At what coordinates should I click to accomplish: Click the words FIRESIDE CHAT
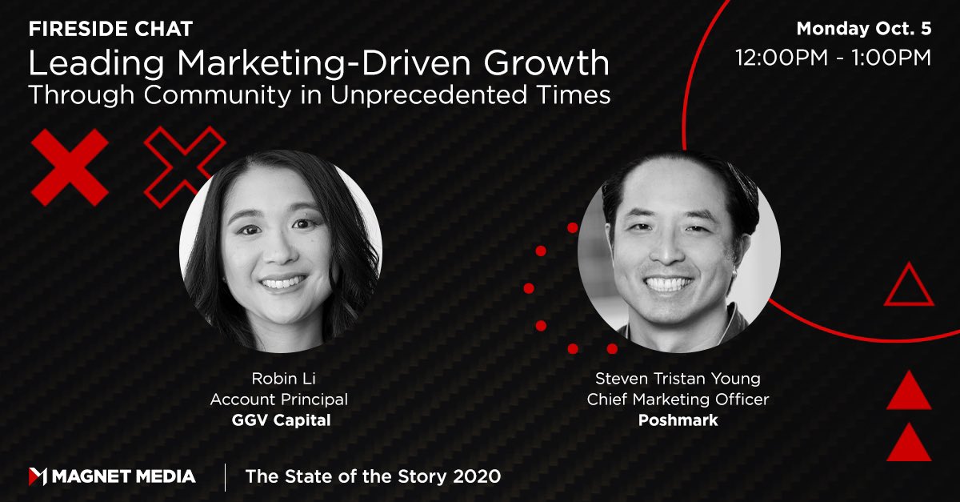(x=111, y=30)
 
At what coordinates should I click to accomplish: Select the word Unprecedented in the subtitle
(x=414, y=95)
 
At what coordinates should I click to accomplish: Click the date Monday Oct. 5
(x=864, y=30)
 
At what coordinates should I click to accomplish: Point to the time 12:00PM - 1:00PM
(x=833, y=58)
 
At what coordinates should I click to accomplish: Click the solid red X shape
(x=69, y=167)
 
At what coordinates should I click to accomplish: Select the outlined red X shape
(x=184, y=166)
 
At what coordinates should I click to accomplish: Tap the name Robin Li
(x=278, y=379)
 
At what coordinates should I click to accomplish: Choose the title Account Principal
(x=278, y=400)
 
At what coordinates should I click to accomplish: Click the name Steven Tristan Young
(x=678, y=379)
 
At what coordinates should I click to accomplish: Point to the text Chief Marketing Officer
(x=678, y=400)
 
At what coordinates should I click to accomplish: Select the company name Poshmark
(x=678, y=420)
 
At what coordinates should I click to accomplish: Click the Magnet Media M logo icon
(x=38, y=476)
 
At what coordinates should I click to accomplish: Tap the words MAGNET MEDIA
(x=124, y=476)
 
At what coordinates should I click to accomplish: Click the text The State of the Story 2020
(x=373, y=476)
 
